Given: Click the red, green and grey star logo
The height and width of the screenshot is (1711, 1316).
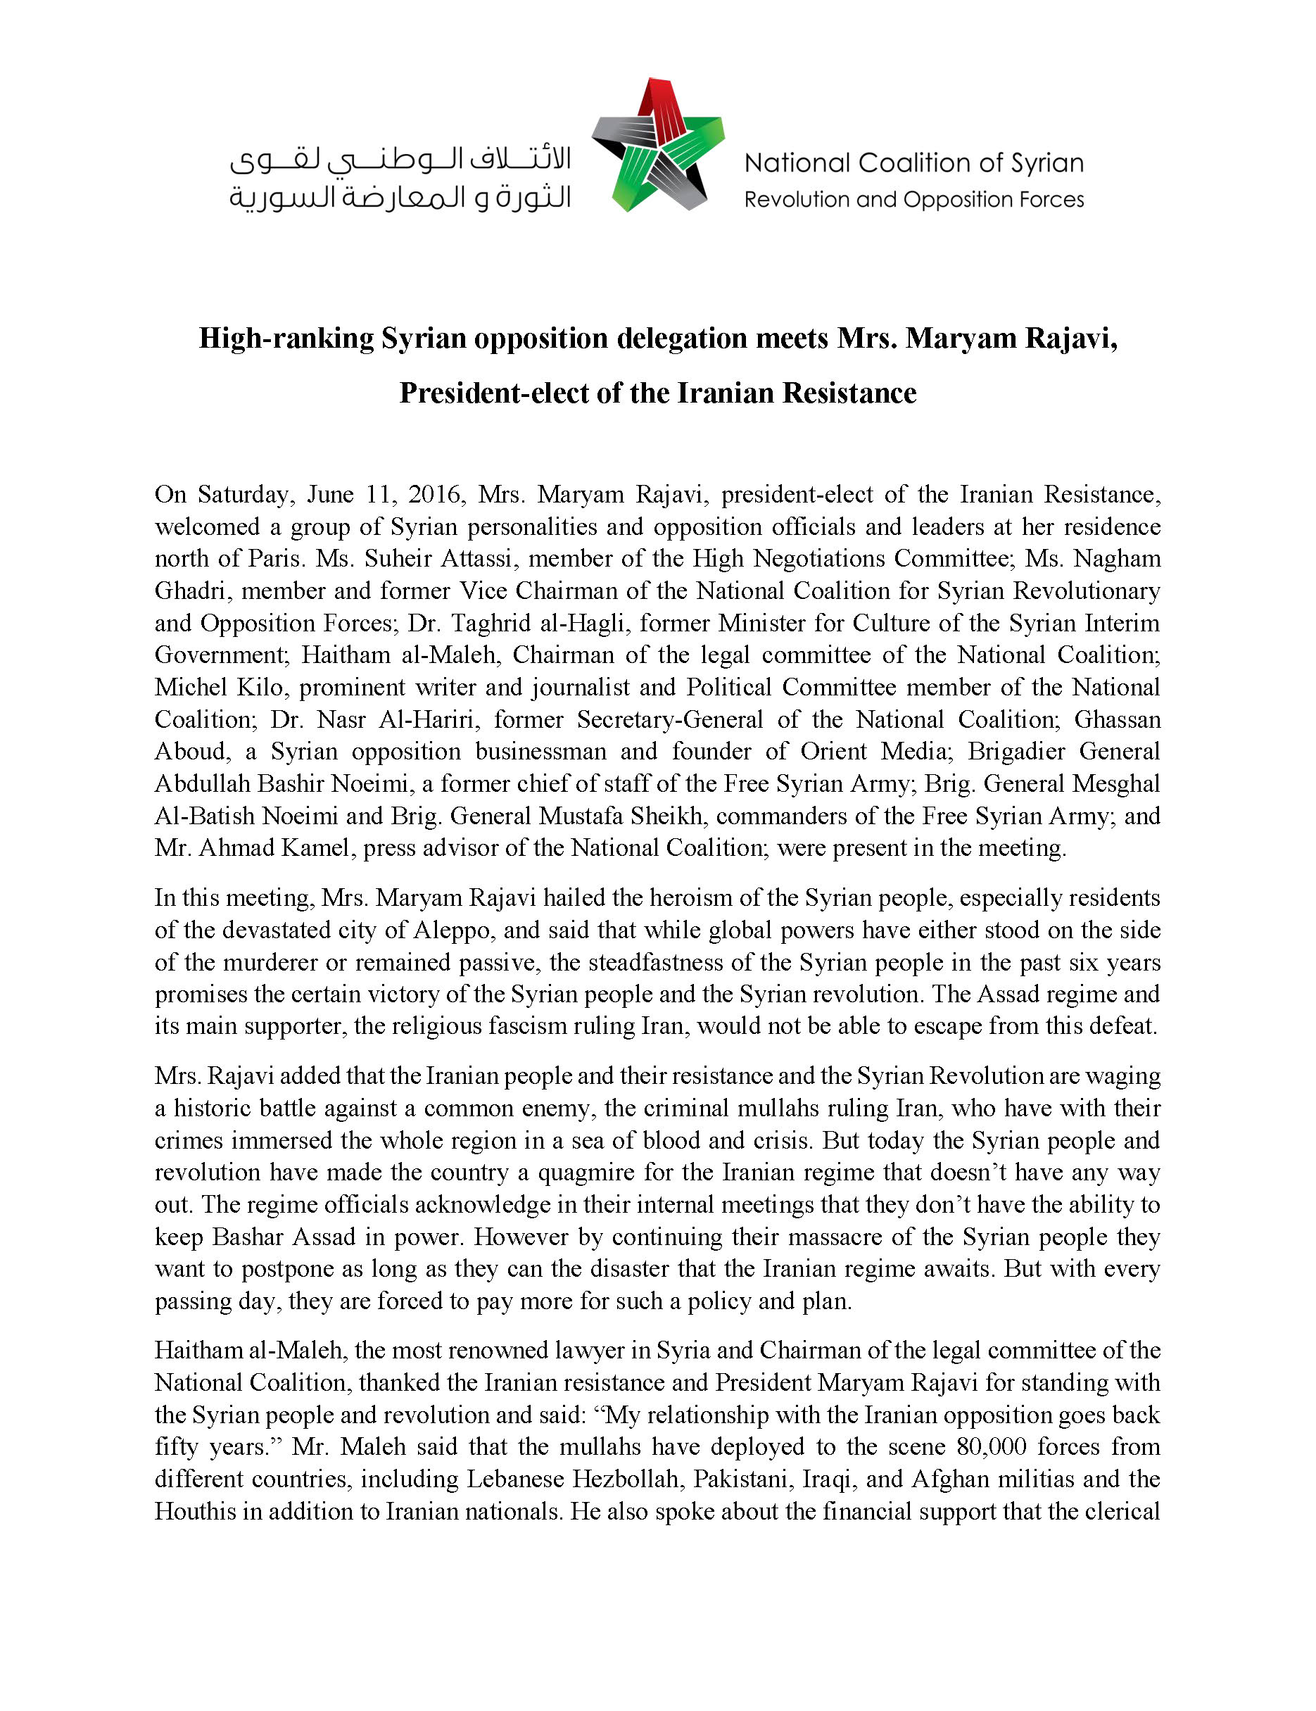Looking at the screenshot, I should pos(658,145).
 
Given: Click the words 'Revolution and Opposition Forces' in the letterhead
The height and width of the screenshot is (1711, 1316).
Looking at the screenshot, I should pos(913,200).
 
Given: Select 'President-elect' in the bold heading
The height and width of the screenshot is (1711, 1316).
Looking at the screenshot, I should pos(493,393).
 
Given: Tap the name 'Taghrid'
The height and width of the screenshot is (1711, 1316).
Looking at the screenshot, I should pos(498,623).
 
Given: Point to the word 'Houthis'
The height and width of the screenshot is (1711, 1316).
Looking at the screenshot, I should pos(194,1510).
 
